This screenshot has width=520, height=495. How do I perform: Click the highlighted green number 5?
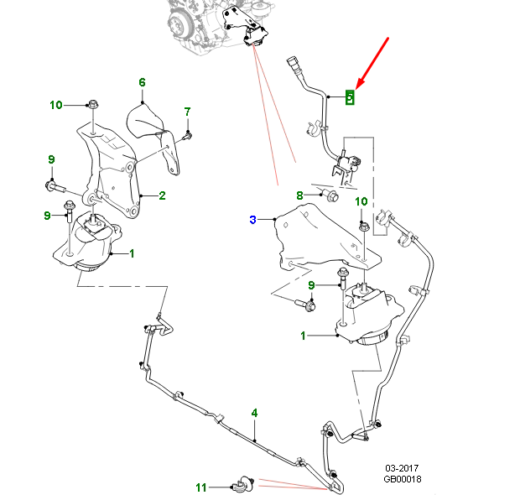[351, 96]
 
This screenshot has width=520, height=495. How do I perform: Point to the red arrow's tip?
[357, 87]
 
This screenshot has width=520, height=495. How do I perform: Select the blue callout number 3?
[252, 220]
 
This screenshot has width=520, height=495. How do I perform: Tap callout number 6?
[142, 82]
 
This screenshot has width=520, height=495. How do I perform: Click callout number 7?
[187, 112]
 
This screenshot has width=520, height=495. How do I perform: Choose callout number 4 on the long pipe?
[254, 413]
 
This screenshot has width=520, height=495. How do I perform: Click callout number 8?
[299, 195]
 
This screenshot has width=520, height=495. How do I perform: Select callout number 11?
[200, 487]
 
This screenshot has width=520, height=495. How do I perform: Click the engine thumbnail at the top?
[210, 21]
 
